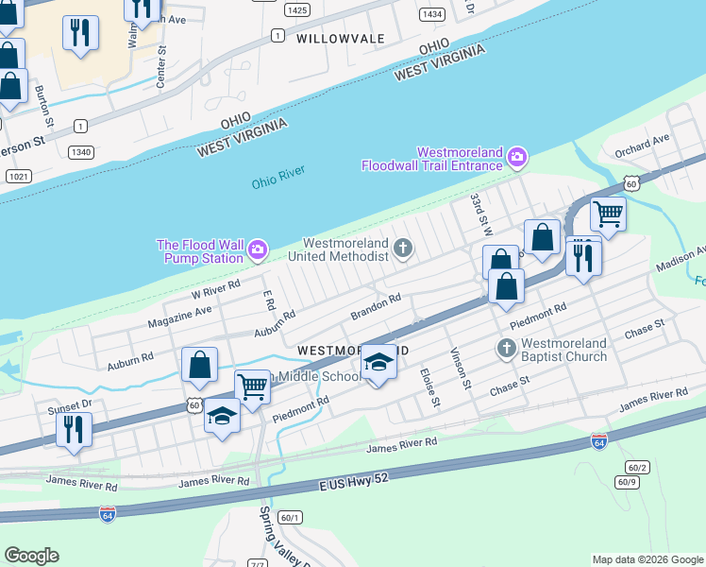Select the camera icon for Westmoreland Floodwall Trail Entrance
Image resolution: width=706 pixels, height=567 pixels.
[x=517, y=157]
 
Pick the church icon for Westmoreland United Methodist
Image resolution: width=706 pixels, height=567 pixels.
[x=403, y=249]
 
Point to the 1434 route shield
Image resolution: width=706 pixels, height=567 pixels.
[x=433, y=14]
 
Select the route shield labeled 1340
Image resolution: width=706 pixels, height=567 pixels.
[x=81, y=151]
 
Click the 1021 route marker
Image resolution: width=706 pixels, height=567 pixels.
[x=18, y=177]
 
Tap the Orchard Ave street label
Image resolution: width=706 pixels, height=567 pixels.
[x=641, y=145]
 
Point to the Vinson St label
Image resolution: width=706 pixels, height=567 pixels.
[x=460, y=369]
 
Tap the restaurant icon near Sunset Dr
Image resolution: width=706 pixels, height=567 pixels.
[x=73, y=428]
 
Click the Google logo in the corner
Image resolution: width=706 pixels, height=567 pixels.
[x=31, y=556]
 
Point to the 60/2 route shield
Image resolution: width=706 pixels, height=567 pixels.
[x=637, y=468]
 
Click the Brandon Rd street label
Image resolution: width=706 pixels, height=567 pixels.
[x=376, y=304]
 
